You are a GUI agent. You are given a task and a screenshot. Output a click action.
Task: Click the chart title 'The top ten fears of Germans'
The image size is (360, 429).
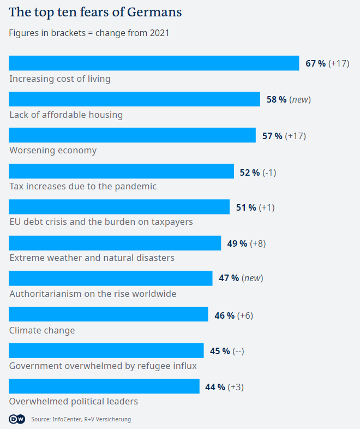95,12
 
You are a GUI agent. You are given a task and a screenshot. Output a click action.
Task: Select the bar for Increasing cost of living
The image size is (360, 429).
154,63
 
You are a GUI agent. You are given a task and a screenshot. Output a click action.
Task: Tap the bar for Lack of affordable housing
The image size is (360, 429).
134,99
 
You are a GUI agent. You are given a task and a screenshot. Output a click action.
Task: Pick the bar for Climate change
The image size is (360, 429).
108,314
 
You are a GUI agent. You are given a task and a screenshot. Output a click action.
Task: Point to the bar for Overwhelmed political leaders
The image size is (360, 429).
104,386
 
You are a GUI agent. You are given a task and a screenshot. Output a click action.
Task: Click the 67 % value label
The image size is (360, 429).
315,63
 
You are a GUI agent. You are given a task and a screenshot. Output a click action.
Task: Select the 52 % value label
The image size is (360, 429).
250,172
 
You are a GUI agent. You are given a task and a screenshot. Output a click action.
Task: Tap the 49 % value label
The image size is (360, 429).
237,243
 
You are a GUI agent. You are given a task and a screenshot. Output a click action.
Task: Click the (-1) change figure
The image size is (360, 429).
269,172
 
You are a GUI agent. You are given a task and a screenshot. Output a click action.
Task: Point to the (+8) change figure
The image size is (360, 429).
258,243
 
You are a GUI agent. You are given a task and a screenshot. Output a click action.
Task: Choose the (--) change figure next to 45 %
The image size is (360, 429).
238,351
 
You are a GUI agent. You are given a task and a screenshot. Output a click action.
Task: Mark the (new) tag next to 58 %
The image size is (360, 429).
300,99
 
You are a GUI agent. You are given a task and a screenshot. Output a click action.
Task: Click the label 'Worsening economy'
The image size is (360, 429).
53,150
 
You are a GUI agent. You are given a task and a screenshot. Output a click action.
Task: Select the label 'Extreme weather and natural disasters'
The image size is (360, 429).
92,258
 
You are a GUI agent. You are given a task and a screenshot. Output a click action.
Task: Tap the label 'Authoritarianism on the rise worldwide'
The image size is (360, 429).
93,294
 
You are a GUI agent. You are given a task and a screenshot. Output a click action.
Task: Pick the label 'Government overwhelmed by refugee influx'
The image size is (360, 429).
103,366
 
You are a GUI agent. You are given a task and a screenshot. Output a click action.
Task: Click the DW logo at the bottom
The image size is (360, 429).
16,419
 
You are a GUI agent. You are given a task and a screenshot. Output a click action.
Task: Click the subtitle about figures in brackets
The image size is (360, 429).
89,33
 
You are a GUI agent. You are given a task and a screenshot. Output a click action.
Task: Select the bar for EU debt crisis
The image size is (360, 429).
119,207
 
